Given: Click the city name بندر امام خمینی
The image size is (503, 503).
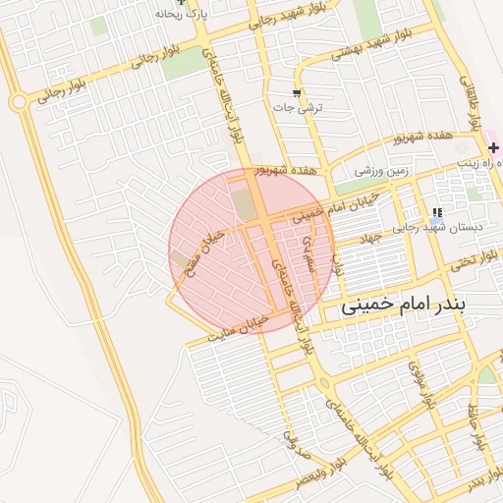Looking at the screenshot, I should (405, 306).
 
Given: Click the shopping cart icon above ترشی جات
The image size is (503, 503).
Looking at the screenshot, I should (297, 93).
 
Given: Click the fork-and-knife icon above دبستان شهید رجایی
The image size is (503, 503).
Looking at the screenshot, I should (437, 211).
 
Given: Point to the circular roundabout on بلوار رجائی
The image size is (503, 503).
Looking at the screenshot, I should (18, 101).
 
